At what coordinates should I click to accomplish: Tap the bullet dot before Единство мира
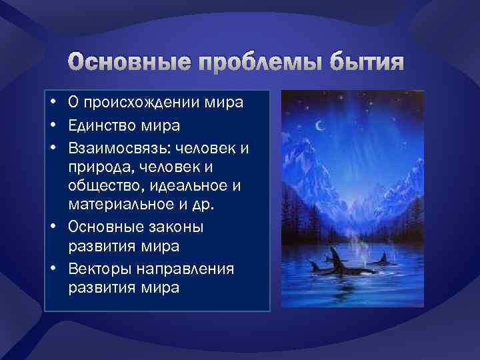51,125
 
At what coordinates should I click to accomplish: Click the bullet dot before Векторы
51,269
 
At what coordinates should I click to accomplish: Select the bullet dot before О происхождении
51,103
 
